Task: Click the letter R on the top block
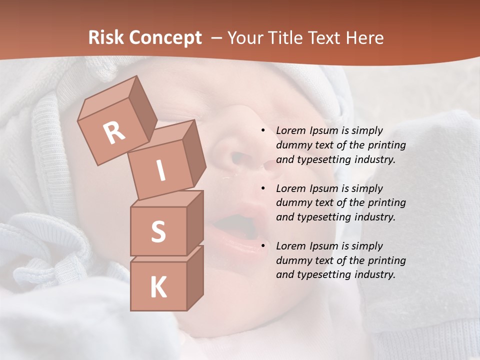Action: (114, 132)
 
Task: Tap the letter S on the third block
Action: (158, 231)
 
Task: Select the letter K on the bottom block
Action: (158, 287)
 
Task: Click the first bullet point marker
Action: (263, 131)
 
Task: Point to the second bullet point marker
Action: (263, 188)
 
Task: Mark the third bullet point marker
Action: (263, 246)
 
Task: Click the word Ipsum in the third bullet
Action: (325, 246)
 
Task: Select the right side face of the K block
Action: (195, 277)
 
